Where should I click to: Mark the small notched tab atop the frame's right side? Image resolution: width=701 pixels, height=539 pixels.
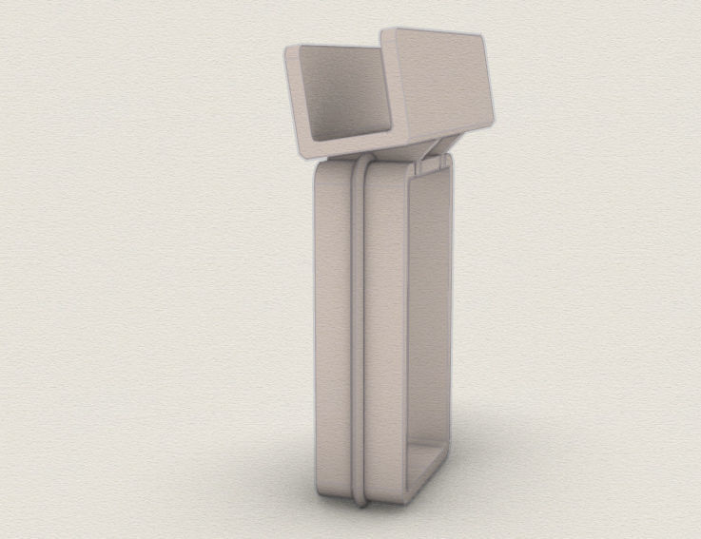click(434, 164)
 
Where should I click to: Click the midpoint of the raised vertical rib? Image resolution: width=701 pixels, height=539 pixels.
click(359, 333)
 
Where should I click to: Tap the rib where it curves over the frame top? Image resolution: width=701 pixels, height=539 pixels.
click(359, 168)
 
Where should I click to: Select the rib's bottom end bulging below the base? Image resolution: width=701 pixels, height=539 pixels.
click(360, 495)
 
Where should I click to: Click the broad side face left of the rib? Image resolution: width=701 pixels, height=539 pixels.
click(333, 333)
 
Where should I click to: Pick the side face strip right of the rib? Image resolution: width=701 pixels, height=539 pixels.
click(385, 333)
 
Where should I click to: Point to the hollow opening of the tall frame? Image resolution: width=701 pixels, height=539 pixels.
click(428, 314)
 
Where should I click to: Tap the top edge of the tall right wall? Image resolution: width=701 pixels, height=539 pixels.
click(433, 32)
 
